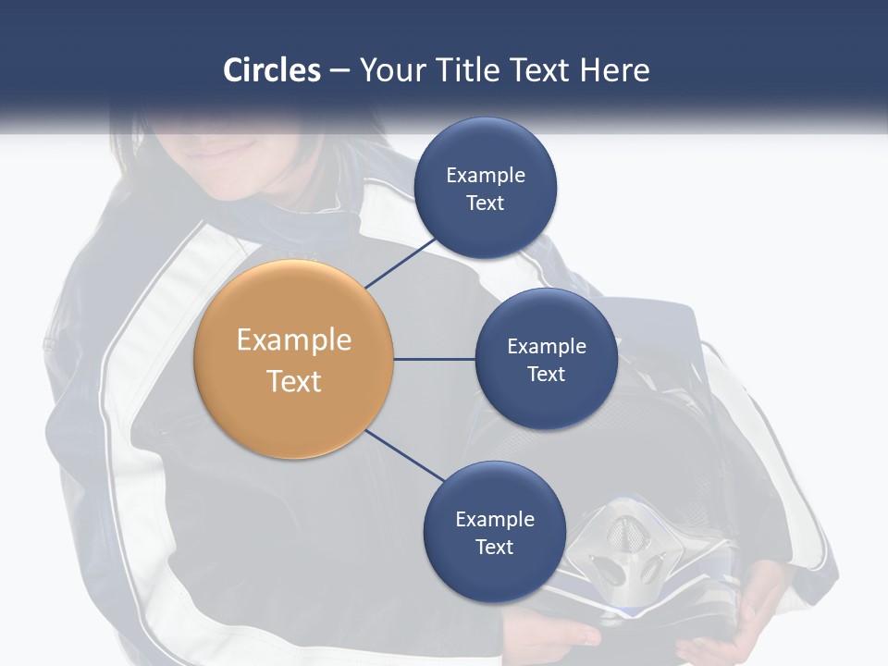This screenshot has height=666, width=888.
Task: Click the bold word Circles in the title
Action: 272,70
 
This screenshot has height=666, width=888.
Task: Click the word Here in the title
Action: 614,70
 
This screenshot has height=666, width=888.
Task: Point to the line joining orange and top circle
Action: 401,263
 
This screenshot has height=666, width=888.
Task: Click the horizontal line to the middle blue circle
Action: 434,359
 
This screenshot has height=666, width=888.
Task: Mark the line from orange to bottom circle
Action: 405,456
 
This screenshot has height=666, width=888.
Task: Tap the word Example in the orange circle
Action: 294,339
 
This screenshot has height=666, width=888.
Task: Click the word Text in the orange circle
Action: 294,380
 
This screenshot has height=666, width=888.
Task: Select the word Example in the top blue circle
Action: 486,176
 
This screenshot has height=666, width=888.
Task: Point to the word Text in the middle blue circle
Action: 546,374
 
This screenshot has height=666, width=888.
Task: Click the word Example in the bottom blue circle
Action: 495,519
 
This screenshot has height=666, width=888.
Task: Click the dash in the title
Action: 339,71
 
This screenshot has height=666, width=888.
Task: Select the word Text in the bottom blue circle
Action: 494,547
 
